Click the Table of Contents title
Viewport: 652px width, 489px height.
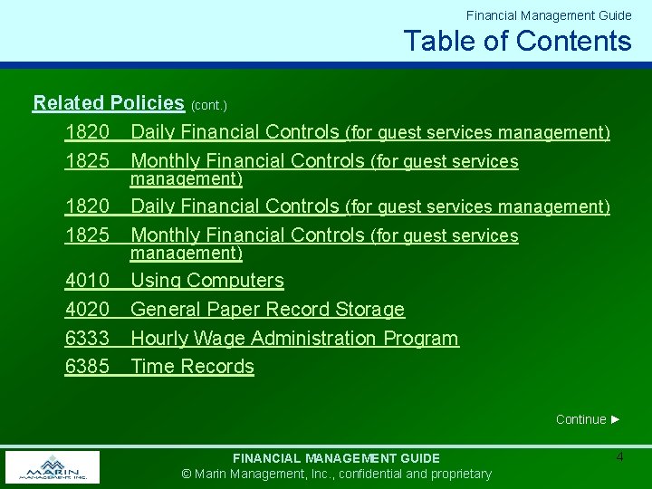517,41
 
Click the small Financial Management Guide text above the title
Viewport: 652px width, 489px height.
549,15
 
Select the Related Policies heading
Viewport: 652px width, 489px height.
109,103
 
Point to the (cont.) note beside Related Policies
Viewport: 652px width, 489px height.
208,105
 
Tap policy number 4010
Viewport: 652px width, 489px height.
87,281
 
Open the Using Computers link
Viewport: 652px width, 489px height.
207,281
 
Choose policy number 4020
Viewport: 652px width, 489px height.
87,310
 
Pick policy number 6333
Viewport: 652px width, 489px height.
87,339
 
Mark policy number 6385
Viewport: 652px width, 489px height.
87,367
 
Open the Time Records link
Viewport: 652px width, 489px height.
192,367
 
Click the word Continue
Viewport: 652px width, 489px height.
580,419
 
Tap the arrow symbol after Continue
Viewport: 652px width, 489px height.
616,419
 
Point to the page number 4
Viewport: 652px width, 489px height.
619,457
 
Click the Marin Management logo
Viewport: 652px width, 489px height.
52,467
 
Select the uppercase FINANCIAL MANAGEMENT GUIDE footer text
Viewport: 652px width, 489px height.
336,458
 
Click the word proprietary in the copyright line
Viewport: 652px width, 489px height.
459,474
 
